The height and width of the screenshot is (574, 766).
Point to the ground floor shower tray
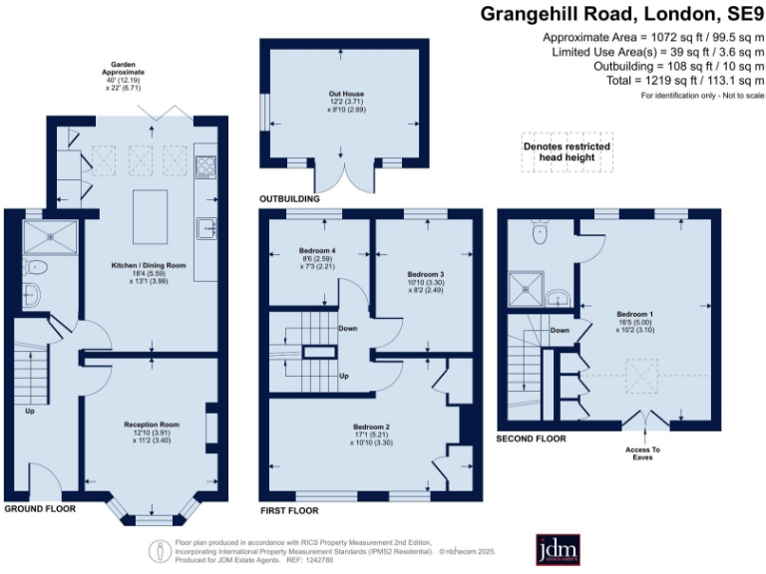point(47,235)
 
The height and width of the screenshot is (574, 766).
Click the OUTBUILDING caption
point(290,199)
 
